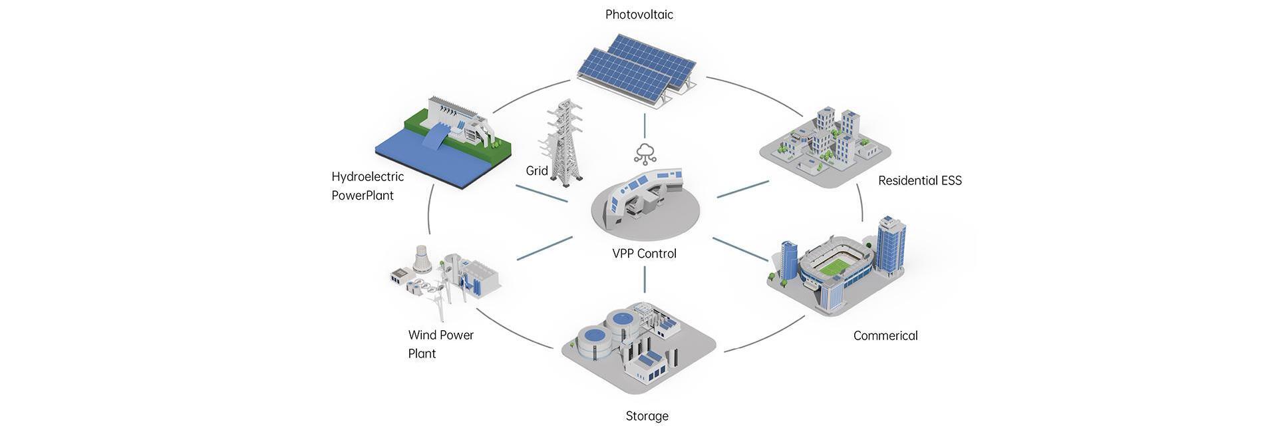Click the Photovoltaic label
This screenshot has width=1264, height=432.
[639, 15]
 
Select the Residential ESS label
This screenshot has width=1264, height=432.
[919, 180]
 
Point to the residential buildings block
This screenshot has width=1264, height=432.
[825, 143]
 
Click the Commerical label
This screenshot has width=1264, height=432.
[885, 335]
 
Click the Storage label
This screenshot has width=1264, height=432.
[647, 416]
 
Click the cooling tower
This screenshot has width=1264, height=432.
[422, 258]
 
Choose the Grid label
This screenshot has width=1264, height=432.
[536, 170]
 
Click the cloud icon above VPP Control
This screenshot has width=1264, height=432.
[645, 153]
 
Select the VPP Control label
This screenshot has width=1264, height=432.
[644, 254]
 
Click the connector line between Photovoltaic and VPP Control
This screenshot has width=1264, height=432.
[645, 125]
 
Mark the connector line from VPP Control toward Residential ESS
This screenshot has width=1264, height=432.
[742, 189]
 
